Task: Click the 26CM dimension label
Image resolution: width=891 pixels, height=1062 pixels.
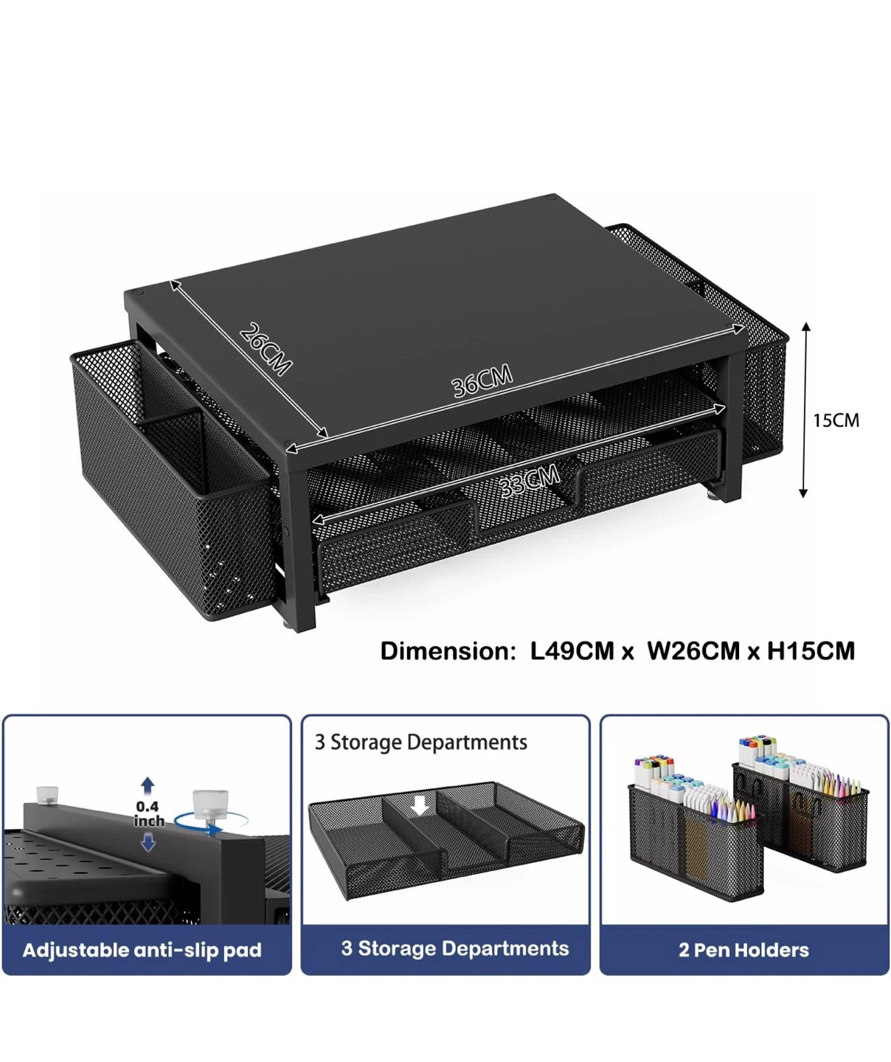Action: click(265, 349)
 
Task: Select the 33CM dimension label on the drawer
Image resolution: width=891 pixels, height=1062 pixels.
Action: click(530, 481)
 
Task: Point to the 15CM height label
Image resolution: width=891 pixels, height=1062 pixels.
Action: click(836, 420)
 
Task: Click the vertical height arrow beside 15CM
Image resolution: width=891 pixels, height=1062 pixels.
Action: click(804, 410)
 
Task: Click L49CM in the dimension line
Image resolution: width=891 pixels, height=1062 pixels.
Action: click(572, 651)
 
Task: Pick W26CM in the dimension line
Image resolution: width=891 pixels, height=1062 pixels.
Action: click(693, 651)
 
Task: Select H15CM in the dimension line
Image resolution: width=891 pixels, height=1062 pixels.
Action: click(811, 651)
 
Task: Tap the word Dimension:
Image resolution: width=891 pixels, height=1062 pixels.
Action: click(448, 651)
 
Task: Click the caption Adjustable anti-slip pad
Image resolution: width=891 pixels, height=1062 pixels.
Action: click(142, 950)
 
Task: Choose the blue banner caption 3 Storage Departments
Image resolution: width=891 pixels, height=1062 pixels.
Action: click(455, 948)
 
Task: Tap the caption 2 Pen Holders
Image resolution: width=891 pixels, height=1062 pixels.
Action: click(743, 950)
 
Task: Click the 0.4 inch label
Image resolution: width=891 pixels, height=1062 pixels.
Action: click(148, 813)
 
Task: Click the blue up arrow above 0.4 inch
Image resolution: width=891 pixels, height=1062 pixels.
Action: click(148, 787)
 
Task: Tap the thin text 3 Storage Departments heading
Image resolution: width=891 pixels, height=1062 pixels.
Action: click(421, 743)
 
